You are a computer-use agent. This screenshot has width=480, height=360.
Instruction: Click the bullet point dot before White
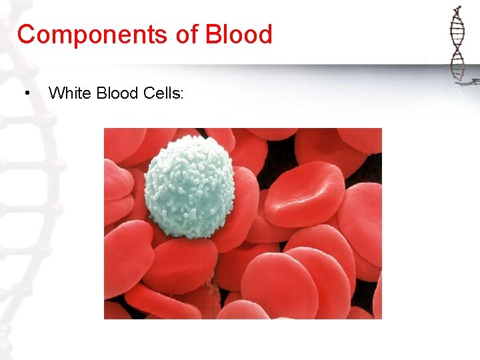point(27,93)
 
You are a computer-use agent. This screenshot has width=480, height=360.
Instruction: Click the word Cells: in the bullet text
point(163,93)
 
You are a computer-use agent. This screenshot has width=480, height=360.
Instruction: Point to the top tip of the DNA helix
point(458,7)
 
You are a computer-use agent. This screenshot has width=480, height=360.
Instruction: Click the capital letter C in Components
point(25,35)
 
